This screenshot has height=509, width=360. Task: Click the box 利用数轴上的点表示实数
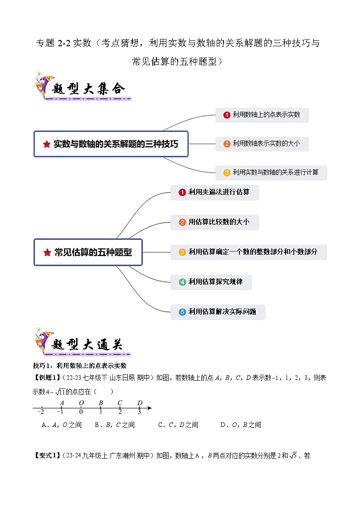[x=262, y=115]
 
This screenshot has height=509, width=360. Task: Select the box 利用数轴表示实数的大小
[x=262, y=144]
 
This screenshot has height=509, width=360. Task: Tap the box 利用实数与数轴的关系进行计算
[x=271, y=172]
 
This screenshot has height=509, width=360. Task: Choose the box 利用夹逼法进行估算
[x=214, y=192]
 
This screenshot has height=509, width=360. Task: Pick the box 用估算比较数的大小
[x=214, y=222]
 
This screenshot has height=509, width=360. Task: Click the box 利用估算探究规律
[x=211, y=282]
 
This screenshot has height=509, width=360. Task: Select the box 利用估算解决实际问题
[x=218, y=312]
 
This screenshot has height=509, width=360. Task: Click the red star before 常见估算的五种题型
[x=47, y=252]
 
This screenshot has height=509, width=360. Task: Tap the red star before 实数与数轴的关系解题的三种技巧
[x=46, y=144]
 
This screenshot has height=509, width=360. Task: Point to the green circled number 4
[x=182, y=282]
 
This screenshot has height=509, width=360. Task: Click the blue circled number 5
[x=182, y=312]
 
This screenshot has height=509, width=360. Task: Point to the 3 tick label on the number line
[x=139, y=412]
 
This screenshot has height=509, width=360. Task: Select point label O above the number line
[x=81, y=402]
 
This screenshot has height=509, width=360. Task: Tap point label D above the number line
[x=140, y=402]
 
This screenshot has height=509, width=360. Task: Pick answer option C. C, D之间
[x=178, y=425]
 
